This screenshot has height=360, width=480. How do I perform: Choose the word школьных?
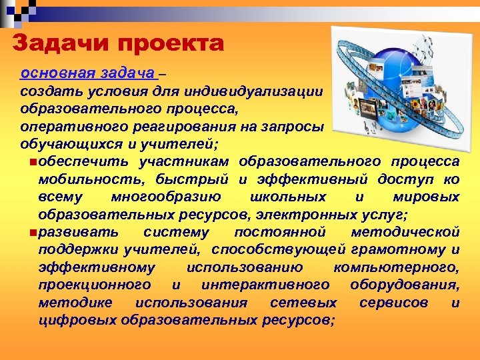click(287, 197)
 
